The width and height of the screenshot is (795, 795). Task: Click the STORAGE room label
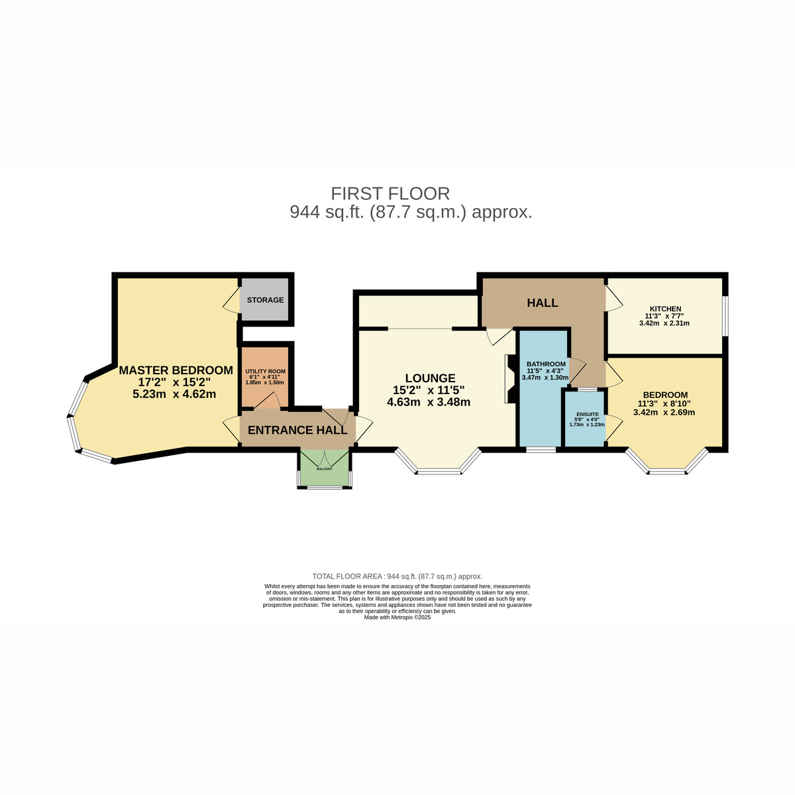265,300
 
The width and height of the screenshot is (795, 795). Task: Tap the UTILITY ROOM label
265,371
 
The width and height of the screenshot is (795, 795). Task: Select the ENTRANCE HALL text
297,431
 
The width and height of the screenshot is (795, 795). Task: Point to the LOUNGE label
430,378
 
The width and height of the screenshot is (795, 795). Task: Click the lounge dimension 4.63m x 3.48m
428,402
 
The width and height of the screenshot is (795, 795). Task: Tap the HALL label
542,303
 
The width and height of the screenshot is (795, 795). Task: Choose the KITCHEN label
665,309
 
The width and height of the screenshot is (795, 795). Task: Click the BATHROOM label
546,364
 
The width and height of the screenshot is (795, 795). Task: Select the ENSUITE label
588,414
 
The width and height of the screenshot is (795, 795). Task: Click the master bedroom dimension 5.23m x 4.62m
174,394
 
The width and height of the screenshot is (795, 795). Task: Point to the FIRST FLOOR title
390,194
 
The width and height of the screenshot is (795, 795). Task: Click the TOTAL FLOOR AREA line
397,576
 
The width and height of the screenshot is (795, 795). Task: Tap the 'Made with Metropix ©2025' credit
397,617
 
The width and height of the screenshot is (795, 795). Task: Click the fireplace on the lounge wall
510,379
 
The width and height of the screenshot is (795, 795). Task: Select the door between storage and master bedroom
231,300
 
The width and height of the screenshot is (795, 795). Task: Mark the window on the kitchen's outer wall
725,315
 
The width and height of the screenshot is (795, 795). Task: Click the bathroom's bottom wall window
541,449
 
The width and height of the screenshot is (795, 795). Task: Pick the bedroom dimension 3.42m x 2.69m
664,412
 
